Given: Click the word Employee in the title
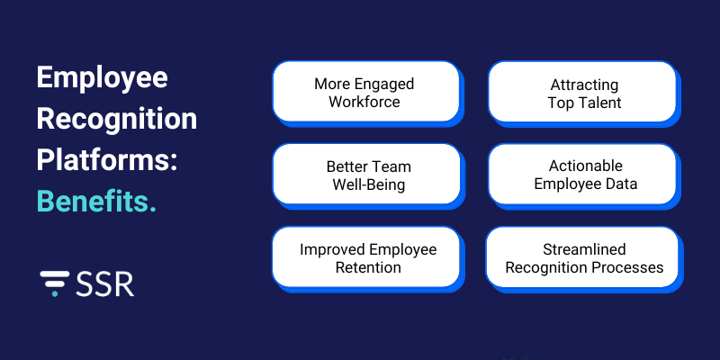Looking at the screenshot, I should pyautogui.click(x=102, y=78).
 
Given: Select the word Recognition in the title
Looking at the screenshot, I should pyautogui.click(x=116, y=119).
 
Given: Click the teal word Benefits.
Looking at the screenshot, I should pyautogui.click(x=96, y=200).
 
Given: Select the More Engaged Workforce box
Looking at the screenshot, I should pyautogui.click(x=364, y=92).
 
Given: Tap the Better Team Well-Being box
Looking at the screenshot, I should pyautogui.click(x=364, y=175).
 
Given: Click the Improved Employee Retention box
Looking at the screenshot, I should pyautogui.click(x=364, y=257).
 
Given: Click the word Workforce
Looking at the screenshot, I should pyautogui.click(x=364, y=102).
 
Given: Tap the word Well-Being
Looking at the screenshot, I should pyautogui.click(x=364, y=184).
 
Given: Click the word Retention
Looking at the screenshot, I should pyautogui.click(x=364, y=267).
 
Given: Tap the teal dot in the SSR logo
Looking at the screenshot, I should pyautogui.click(x=58, y=292).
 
